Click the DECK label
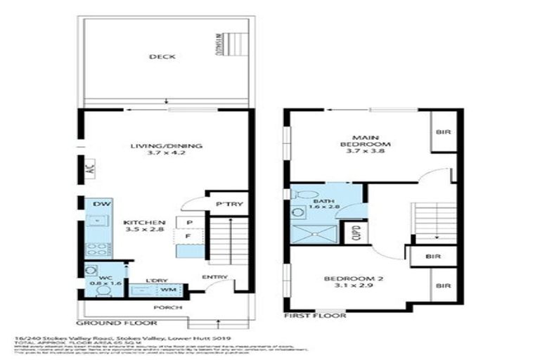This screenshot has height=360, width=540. point(166,57)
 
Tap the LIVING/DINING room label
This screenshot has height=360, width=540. point(166,146)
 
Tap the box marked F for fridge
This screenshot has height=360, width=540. point(189,237)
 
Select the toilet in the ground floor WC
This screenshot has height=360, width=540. point(91,271)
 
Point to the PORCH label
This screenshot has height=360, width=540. point(167,307)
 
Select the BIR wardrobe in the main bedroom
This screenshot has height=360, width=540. point(444,131)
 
